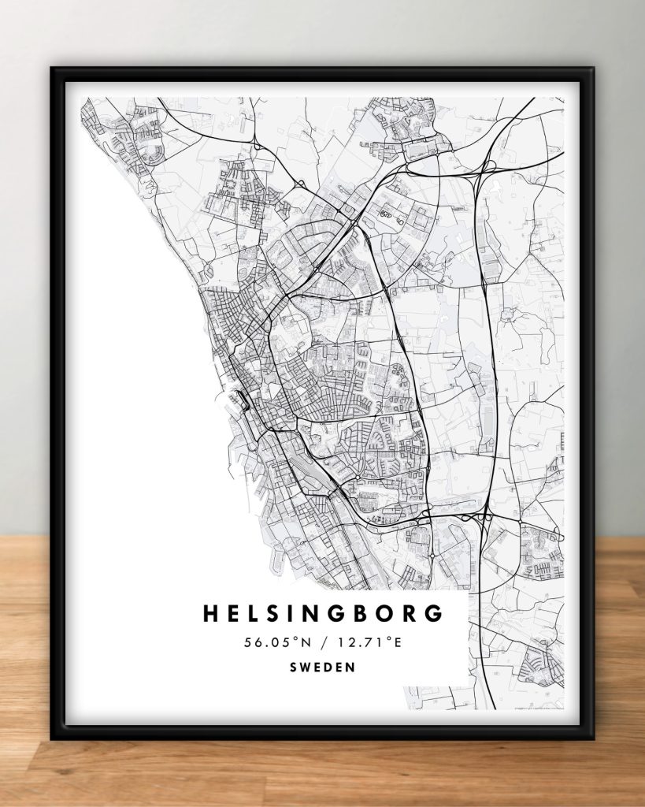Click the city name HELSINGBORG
tap(323, 614)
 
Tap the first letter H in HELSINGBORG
tap(210, 614)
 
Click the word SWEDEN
tap(322, 667)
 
